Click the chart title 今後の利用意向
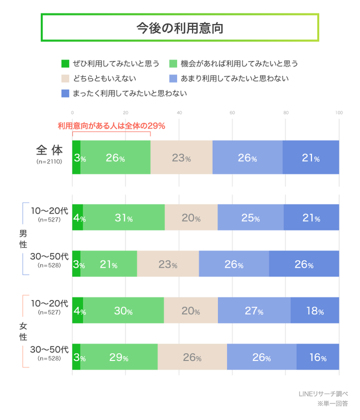[179, 27]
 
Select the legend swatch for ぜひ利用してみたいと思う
[64, 63]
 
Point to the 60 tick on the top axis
[232, 112]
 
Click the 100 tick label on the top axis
[338, 112]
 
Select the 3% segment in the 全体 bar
[76, 157]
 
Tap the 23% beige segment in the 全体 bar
[181, 157]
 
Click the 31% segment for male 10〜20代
[123, 218]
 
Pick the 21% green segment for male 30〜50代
[108, 264]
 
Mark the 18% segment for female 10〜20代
[314, 310]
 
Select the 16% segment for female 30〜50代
[317, 357]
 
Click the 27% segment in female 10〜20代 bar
[254, 310]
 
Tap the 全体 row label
[49, 150]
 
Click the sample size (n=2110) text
[49, 162]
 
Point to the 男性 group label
[23, 239]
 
